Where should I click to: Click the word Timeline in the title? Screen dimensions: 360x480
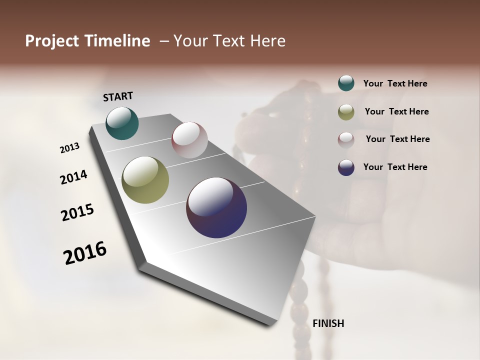(x=118, y=41)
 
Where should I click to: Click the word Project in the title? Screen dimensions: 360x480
(x=52, y=41)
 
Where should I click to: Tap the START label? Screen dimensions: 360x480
(x=118, y=96)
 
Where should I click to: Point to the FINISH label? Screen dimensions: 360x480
(x=328, y=323)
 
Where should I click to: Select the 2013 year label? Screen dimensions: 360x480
(x=69, y=148)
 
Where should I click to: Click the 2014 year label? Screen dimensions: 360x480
(x=73, y=177)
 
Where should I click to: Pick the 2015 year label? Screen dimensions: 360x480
(x=77, y=212)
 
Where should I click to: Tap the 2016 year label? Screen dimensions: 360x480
(x=85, y=252)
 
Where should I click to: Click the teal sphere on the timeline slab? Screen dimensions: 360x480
(x=122, y=123)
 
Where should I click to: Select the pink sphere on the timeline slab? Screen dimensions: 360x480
(x=189, y=139)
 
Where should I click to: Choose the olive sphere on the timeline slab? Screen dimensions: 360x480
(x=145, y=180)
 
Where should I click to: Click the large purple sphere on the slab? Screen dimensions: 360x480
(x=216, y=207)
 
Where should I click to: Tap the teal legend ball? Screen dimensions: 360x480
(x=346, y=83)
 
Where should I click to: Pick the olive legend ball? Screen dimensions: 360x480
(x=346, y=112)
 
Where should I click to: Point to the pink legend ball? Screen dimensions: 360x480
(x=346, y=139)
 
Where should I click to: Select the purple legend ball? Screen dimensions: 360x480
(x=346, y=167)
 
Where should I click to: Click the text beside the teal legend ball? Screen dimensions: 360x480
(x=395, y=84)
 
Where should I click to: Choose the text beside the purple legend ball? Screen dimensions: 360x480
(x=395, y=167)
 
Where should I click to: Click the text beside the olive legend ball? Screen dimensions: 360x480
(x=396, y=111)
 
